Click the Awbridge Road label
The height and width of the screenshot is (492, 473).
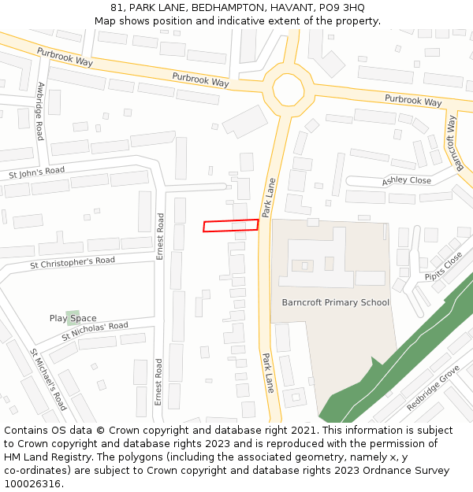point(40,111)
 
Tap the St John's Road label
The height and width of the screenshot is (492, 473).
point(36,171)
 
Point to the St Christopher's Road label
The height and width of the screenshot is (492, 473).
point(73,261)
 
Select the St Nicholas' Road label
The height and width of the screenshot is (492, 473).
point(95,331)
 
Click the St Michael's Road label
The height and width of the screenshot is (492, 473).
point(48,379)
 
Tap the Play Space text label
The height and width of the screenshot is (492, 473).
point(73,318)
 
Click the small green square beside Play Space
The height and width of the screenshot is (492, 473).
point(73,318)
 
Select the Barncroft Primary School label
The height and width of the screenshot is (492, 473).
point(336,302)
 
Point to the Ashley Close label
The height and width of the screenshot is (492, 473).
point(407,181)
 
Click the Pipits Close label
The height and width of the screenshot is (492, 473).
point(444,267)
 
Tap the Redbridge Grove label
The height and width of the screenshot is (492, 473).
point(433,387)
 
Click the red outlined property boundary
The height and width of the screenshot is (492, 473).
point(230,226)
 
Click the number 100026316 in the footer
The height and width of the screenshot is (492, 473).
point(32,483)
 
